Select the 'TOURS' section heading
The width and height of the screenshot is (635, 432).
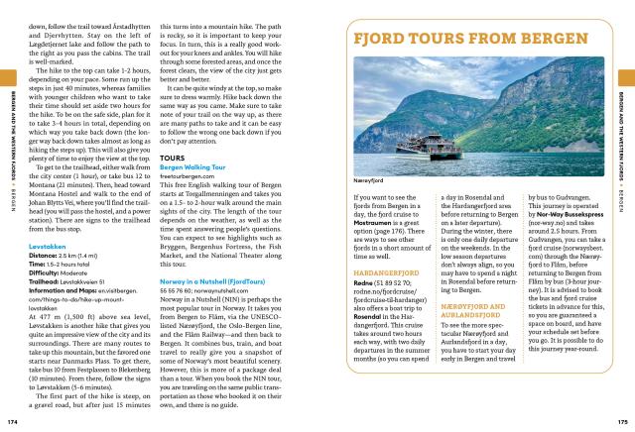point(172,157)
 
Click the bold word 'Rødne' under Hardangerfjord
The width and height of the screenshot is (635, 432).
point(363,310)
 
